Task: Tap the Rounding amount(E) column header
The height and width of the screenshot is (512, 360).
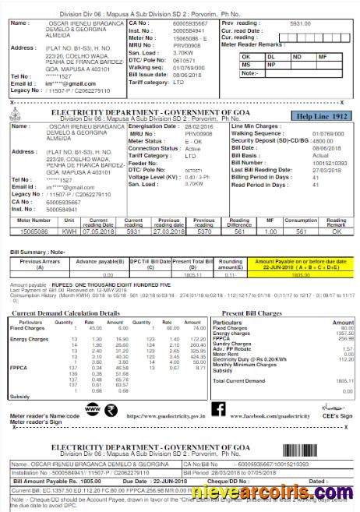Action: click(x=230, y=266)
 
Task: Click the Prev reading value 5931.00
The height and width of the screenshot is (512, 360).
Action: click(x=299, y=24)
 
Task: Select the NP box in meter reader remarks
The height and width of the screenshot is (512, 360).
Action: click(x=272, y=65)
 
